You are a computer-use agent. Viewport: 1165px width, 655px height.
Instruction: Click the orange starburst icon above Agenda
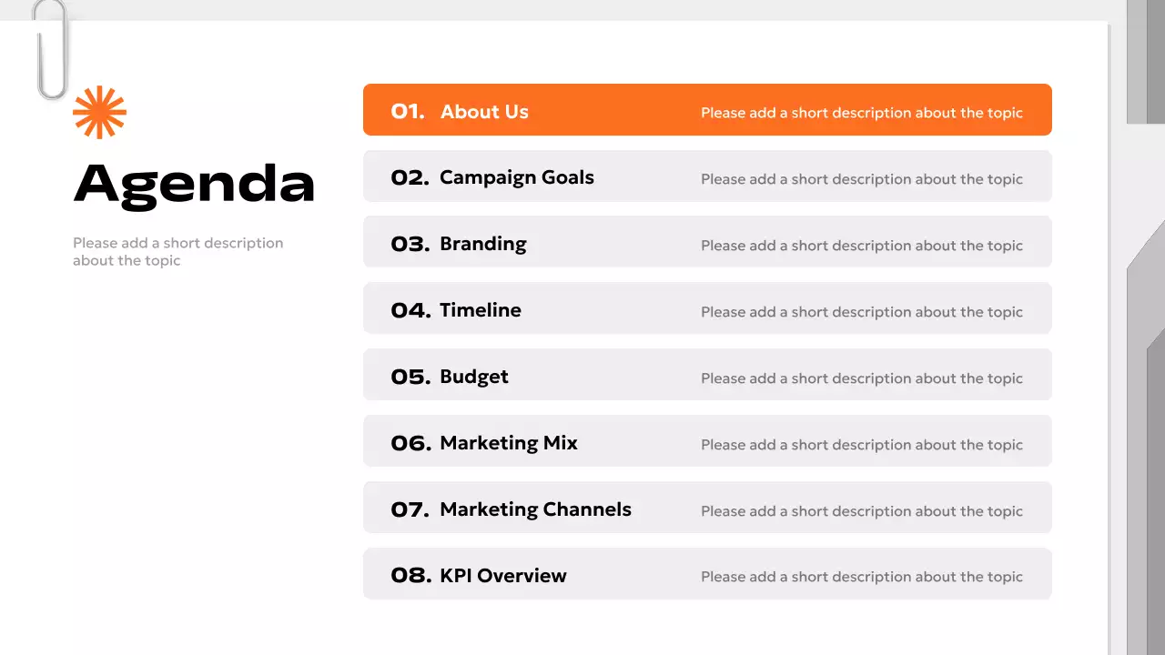(x=99, y=113)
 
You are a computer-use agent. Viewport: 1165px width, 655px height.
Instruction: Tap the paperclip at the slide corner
(x=51, y=50)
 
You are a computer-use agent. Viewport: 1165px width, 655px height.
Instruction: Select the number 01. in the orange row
(x=408, y=112)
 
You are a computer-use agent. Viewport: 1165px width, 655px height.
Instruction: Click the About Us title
(x=484, y=112)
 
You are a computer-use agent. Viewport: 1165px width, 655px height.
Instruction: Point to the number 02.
(x=410, y=178)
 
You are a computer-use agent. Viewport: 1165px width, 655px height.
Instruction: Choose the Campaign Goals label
(x=516, y=177)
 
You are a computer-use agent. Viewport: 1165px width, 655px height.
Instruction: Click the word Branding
(x=482, y=244)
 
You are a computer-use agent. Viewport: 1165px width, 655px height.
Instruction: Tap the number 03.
(x=410, y=245)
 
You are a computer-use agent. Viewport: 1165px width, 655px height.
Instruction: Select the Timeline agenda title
(x=480, y=310)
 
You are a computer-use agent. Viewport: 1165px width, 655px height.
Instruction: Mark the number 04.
(x=410, y=311)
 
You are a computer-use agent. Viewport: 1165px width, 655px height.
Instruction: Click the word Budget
(x=473, y=377)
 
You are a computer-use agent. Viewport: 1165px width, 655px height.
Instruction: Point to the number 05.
(x=410, y=378)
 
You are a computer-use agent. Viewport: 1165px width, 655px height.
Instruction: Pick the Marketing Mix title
(x=508, y=443)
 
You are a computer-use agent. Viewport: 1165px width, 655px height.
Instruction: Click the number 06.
(x=410, y=444)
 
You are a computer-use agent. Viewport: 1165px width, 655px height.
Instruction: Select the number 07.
(x=410, y=510)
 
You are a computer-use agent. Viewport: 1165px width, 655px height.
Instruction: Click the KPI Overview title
(x=502, y=576)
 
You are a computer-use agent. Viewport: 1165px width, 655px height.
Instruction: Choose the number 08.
(x=410, y=576)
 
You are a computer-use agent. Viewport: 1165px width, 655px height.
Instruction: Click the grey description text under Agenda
(x=177, y=252)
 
